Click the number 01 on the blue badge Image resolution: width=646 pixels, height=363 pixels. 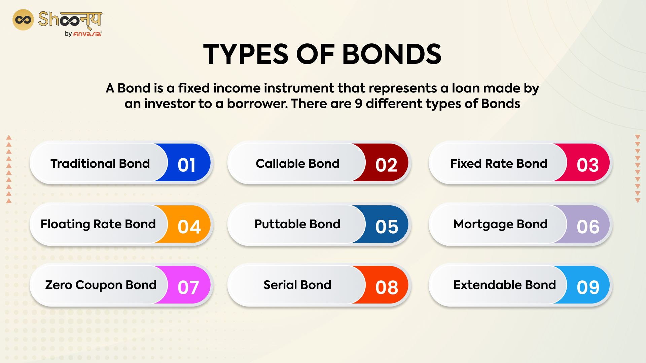(186, 165)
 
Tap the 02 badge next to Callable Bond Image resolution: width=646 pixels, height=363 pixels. (386, 165)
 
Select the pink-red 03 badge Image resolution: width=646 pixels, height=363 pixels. (587, 165)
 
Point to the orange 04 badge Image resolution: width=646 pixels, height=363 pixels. (189, 227)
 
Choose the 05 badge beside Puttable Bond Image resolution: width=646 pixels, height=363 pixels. (387, 227)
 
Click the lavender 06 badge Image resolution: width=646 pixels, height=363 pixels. (588, 227)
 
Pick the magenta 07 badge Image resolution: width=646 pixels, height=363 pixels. (188, 287)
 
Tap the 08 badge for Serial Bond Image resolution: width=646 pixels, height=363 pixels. (387, 287)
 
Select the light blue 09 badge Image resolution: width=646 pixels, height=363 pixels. (588, 287)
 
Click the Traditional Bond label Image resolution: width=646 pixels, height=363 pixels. (100, 164)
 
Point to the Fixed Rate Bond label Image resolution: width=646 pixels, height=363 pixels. (499, 164)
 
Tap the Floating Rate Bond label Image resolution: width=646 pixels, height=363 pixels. (98, 224)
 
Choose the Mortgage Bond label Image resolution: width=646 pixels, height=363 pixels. (500, 224)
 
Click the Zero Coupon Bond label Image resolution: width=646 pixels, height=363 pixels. (101, 285)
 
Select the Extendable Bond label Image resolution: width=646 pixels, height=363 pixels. (504, 285)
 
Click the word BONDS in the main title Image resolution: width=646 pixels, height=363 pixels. (392, 54)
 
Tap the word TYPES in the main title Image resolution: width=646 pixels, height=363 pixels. (246, 54)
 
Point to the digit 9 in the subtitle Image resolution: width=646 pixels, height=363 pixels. (359, 104)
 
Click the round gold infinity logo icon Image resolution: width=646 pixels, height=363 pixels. (23, 20)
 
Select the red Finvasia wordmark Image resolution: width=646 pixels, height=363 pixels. (87, 34)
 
